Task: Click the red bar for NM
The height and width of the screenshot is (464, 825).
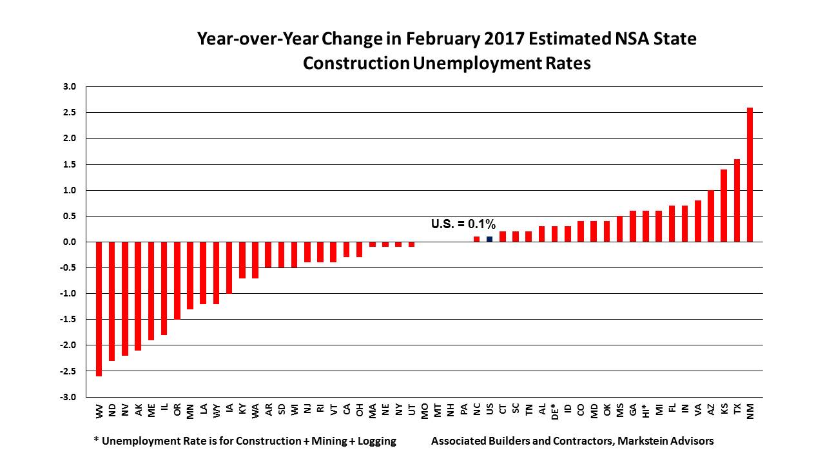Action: pyautogui.click(x=750, y=175)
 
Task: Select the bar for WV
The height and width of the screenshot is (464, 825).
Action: pyautogui.click(x=99, y=309)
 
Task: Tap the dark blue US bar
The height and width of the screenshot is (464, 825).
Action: pyautogui.click(x=489, y=239)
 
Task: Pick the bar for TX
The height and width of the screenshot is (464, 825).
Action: pyautogui.click(x=737, y=200)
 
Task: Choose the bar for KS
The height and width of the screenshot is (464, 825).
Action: pyautogui.click(x=724, y=206)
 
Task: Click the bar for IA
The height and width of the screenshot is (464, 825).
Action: pyautogui.click(x=229, y=267)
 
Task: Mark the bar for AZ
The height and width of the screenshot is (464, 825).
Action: pyautogui.click(x=711, y=216)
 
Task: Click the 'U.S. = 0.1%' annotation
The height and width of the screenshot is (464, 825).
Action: pyautogui.click(x=463, y=224)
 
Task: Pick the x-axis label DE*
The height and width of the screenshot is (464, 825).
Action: pyautogui.click(x=555, y=411)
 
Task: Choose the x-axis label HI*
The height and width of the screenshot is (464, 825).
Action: pyautogui.click(x=646, y=411)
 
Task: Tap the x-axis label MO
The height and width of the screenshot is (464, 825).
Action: pyautogui.click(x=425, y=410)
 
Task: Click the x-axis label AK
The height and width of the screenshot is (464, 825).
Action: pyautogui.click(x=138, y=409)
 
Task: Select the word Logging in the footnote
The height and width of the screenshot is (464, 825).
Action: pyautogui.click(x=375, y=441)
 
